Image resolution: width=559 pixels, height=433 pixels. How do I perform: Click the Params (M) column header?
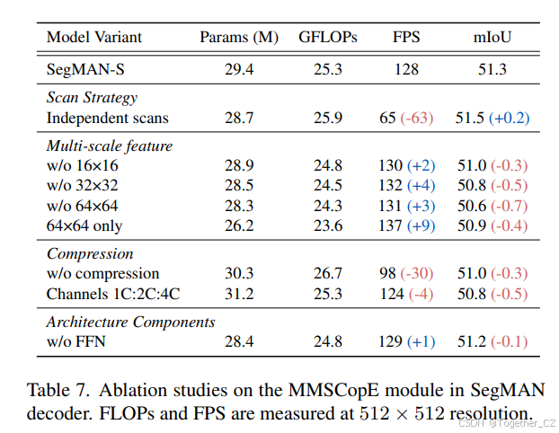238,37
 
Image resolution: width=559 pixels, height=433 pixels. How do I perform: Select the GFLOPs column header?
327,37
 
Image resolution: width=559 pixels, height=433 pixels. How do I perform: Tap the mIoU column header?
493,37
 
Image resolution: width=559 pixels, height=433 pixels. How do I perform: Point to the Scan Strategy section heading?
92,98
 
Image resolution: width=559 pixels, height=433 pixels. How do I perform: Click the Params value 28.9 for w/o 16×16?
238,165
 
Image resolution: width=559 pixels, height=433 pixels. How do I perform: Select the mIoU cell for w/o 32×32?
493,185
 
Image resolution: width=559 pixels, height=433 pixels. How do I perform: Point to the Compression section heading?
89,254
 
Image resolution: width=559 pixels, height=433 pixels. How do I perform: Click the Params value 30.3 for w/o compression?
238,273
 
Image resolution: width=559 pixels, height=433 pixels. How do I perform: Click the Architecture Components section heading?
130,322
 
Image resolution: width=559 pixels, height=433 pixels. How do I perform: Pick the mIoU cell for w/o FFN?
493,340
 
